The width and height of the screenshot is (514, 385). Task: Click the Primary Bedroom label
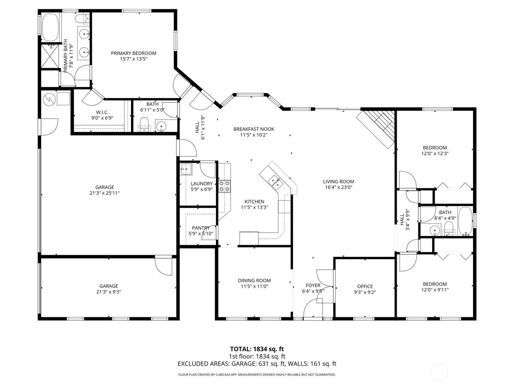pos(133,53)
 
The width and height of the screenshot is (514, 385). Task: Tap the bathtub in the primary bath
pos(50,27)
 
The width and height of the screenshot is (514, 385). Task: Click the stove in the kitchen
pos(225,186)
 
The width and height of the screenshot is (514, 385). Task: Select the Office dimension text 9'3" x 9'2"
pos(365,292)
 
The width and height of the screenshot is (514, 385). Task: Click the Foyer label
pos(313,285)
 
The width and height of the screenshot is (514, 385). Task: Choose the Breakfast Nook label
pos(254,129)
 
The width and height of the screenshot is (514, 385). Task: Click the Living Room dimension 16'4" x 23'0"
pos(339,187)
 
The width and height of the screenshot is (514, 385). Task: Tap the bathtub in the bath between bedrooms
pos(465,221)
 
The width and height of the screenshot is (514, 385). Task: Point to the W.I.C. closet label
pos(102,112)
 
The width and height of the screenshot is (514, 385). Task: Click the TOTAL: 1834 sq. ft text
pos(257,349)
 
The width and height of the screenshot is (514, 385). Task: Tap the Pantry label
pos(201,228)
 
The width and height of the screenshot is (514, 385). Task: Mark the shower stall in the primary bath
pos(50,56)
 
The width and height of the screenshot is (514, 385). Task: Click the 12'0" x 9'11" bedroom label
pos(435,284)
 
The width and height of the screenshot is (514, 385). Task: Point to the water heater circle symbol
pos(48,99)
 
